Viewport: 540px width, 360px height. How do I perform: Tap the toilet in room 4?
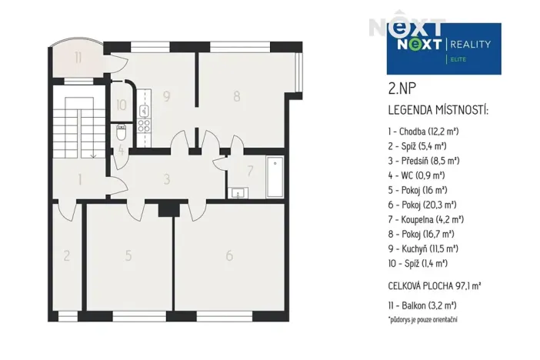coord(121,135)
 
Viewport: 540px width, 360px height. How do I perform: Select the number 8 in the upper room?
coord(237,97)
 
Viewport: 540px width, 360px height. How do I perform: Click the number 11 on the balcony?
coord(79,57)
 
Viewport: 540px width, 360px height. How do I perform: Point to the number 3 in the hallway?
coord(167,180)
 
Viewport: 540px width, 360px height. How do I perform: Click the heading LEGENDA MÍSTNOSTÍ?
coord(438,110)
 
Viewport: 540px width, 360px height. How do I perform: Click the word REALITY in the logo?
coord(470,44)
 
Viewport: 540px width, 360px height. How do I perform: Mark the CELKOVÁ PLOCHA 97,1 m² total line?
coord(435,285)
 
